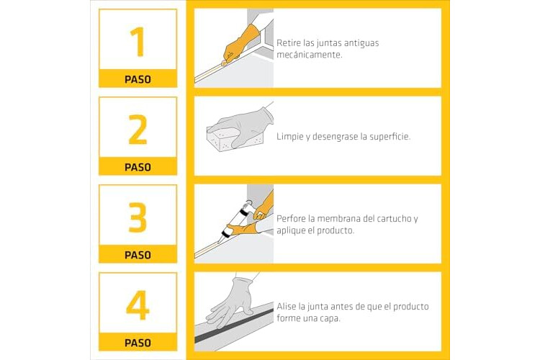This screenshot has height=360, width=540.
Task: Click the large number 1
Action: click(x=138, y=42)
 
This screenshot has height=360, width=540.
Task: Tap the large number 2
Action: click(x=138, y=130)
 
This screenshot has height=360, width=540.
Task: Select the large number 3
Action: click(x=138, y=217)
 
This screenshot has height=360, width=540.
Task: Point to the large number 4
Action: click(x=138, y=305)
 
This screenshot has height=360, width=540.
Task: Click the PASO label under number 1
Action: click(x=138, y=80)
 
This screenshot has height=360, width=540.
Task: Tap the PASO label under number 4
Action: click(x=138, y=343)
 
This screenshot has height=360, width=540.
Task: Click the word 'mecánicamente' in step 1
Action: click(x=309, y=55)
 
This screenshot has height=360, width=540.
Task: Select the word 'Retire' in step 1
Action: click(x=289, y=43)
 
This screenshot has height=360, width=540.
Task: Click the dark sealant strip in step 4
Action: click(x=234, y=325)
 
